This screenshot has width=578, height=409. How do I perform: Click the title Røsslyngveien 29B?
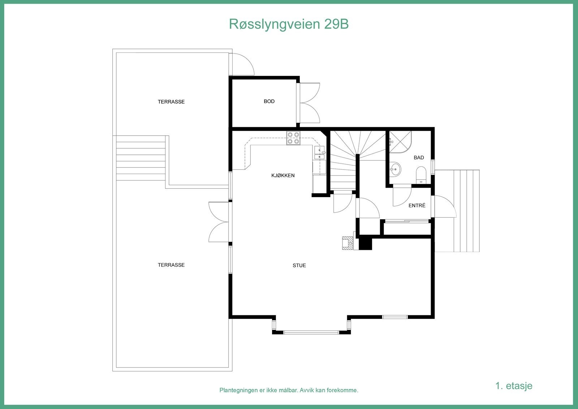pos(289,24)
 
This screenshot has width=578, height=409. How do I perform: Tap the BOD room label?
pos(269,101)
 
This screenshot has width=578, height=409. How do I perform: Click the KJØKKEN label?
pos(283,175)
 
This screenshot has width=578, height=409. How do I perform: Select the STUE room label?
pos(299,265)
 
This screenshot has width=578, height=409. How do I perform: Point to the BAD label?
pos(419,158)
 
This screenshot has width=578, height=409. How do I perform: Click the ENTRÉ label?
pos(417,205)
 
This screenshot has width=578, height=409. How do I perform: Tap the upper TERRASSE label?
pos(171,102)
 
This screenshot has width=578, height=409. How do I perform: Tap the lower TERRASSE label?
pos(171,265)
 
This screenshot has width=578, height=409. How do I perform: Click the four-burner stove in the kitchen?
pos(293,138)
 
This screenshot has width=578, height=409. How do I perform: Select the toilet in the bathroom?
pos(421,174)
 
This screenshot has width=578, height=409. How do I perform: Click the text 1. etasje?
pos(514,385)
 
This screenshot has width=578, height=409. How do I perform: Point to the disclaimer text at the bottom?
pos(289,391)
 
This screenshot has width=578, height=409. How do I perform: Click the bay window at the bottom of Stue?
pos(311,331)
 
